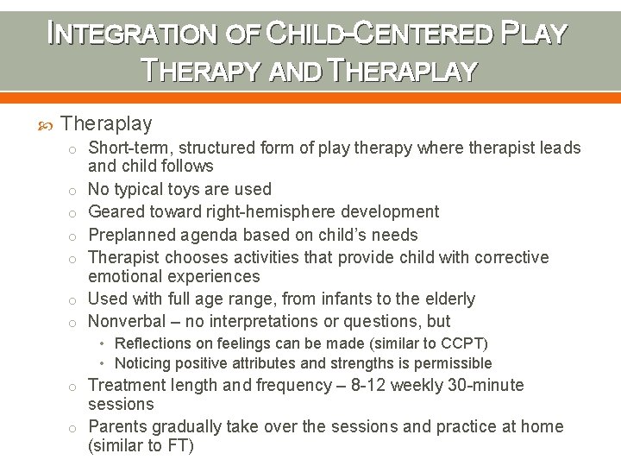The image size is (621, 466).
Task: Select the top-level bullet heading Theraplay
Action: click(x=107, y=124)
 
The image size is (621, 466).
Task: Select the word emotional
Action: click(x=128, y=276)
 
